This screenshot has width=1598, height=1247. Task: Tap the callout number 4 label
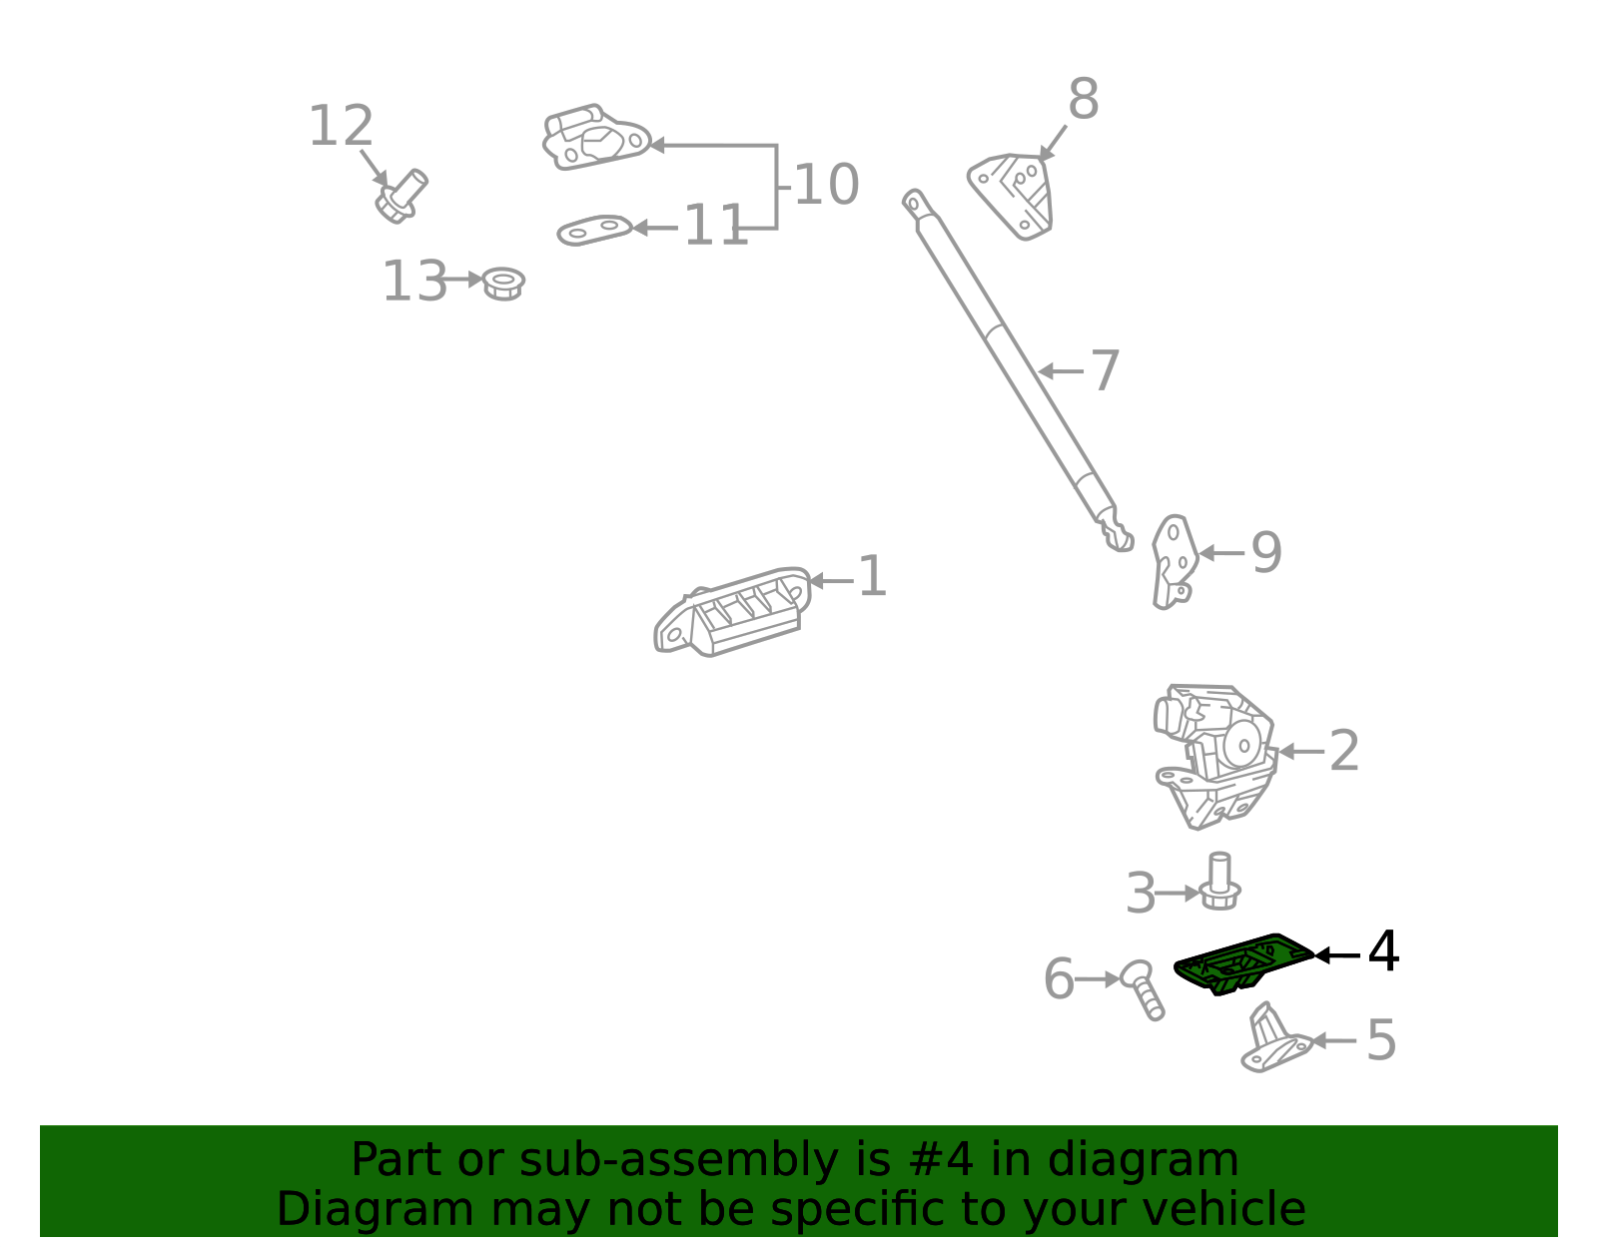(x=1382, y=952)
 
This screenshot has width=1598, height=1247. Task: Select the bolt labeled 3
(x=1219, y=881)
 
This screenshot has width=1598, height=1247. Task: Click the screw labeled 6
(x=1142, y=989)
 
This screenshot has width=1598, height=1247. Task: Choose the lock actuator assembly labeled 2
(x=1214, y=756)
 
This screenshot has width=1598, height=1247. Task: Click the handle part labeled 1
(x=732, y=611)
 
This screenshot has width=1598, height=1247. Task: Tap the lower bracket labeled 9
(x=1175, y=562)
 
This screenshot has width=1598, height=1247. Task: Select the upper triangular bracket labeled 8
(x=1011, y=196)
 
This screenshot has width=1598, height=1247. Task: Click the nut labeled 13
(x=503, y=284)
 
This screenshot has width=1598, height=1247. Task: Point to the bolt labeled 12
(x=400, y=197)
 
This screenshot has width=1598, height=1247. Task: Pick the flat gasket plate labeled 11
(x=595, y=230)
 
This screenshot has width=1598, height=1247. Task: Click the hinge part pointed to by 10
(x=596, y=138)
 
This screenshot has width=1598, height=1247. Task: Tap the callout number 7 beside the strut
(x=1105, y=370)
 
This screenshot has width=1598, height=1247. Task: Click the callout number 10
(x=827, y=185)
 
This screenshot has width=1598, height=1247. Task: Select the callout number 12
(x=341, y=126)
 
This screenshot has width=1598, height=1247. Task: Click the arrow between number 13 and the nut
(x=461, y=280)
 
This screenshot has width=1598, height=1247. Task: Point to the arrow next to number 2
(x=1301, y=752)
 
